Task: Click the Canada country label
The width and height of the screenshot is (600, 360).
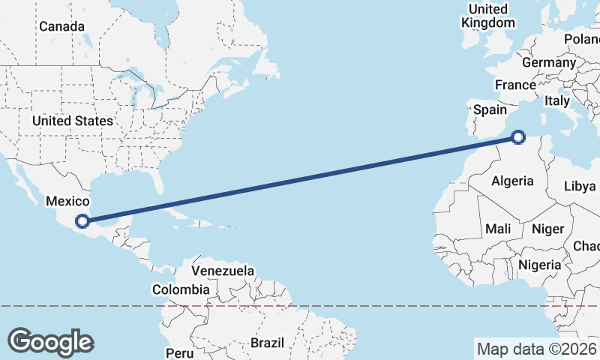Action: click(x=62, y=26)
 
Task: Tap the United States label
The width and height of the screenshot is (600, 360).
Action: click(x=73, y=121)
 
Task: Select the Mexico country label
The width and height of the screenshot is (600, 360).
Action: click(x=67, y=201)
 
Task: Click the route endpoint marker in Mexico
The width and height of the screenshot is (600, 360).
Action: click(x=82, y=221)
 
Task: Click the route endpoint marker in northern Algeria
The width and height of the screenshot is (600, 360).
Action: click(x=518, y=136)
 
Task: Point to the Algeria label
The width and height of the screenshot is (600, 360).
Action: click(x=512, y=181)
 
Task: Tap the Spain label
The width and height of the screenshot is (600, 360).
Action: click(x=490, y=109)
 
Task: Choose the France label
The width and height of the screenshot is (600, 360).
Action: click(x=515, y=85)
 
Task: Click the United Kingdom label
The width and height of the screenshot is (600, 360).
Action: click(x=488, y=16)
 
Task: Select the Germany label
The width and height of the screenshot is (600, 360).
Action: click(x=548, y=63)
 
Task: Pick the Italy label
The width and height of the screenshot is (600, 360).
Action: click(x=557, y=100)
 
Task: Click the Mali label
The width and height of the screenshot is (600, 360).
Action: click(x=498, y=228)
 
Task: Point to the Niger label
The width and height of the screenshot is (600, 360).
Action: click(x=547, y=229)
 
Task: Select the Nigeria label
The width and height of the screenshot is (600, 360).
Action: click(x=539, y=265)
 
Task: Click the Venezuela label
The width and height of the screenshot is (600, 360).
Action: click(x=223, y=271)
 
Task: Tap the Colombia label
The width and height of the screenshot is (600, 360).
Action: click(x=181, y=289)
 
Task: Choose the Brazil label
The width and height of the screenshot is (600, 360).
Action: click(x=268, y=343)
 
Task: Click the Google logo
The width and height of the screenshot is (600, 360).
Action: click(x=51, y=341)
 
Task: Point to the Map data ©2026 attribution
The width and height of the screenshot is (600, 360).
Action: click(x=536, y=349)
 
